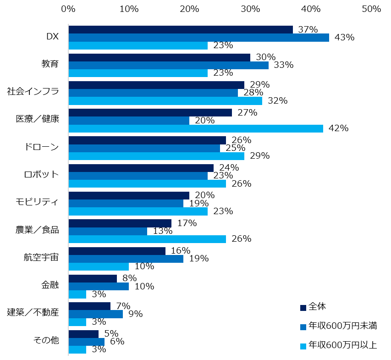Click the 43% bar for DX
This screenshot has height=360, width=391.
pos(198,38)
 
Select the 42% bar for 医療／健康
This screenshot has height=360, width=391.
pos(196,128)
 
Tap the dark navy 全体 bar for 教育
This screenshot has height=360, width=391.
pos(159,57)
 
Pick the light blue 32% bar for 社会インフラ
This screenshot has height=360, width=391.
pos(165,101)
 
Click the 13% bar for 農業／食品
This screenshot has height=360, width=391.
pos(108,231)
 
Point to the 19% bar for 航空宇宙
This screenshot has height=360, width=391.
pos(126,259)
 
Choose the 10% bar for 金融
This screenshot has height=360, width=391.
pos(99,287)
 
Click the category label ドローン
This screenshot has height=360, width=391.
pos(42,147)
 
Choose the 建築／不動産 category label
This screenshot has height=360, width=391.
pos(33,313)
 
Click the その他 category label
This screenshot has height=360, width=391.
pos(46,340)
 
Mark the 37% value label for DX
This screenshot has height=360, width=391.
pos(308,29)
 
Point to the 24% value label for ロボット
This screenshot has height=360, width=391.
pos(229,168)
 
